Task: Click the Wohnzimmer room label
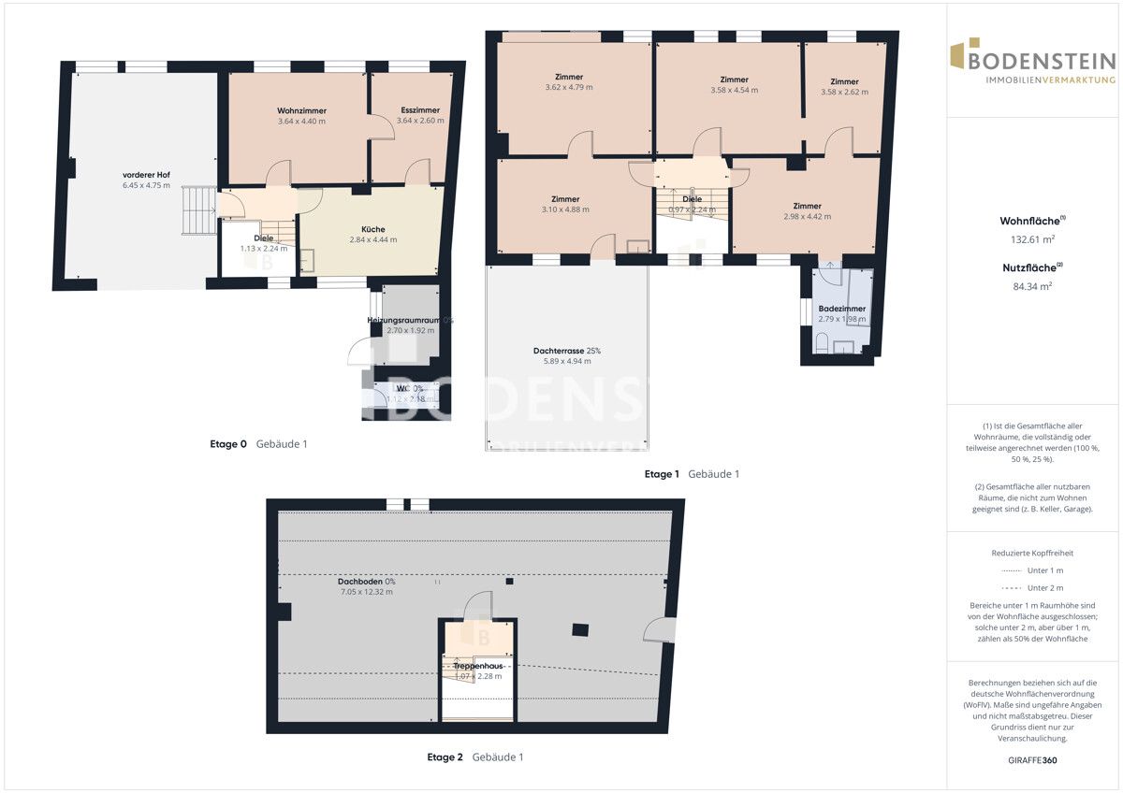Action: pos(301,110)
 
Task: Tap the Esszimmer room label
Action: pos(417,110)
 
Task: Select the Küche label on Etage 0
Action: pos(373,229)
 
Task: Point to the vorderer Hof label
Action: pos(146,175)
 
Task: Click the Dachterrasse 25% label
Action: pos(567,351)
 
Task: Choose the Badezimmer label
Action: pos(841,309)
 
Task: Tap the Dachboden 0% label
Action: pos(366,581)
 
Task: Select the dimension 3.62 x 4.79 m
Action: pos(569,87)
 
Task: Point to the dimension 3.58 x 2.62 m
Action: pos(844,92)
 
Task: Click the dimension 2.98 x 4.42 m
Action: pos(807,216)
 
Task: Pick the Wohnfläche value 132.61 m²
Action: pos(1033,239)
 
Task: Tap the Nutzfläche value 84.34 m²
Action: pos(1033,286)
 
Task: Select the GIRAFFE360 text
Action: pos(1033,760)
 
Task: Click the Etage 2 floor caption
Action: pos(445,757)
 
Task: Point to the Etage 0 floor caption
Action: pos(228,444)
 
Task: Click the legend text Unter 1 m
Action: pos(1044,570)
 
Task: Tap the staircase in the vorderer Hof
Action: pos(197,210)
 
